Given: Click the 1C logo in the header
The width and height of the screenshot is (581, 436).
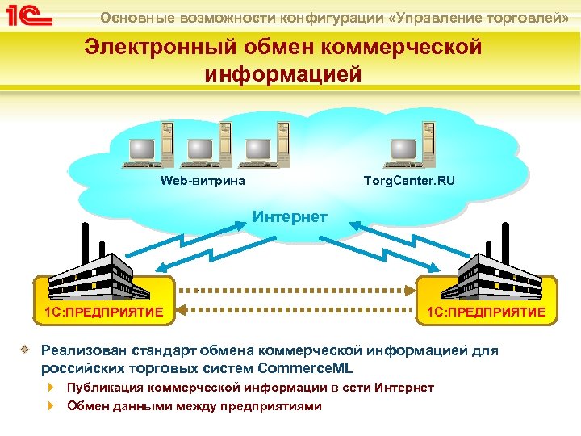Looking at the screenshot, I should pyautogui.click(x=30, y=17).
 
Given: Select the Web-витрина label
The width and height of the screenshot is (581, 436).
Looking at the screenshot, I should pyautogui.click(x=203, y=180).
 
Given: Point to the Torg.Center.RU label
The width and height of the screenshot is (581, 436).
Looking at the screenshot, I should pyautogui.click(x=409, y=180).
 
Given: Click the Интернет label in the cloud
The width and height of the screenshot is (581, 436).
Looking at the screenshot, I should pyautogui.click(x=290, y=216).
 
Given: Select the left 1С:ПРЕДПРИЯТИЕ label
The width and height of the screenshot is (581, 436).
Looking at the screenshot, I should pyautogui.click(x=104, y=312).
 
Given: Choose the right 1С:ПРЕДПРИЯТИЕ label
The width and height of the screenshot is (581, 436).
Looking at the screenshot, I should pyautogui.click(x=486, y=312).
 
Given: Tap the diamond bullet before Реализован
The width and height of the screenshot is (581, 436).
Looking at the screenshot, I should pyautogui.click(x=26, y=350).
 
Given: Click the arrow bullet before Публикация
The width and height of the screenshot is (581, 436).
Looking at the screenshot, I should pyautogui.click(x=52, y=388).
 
